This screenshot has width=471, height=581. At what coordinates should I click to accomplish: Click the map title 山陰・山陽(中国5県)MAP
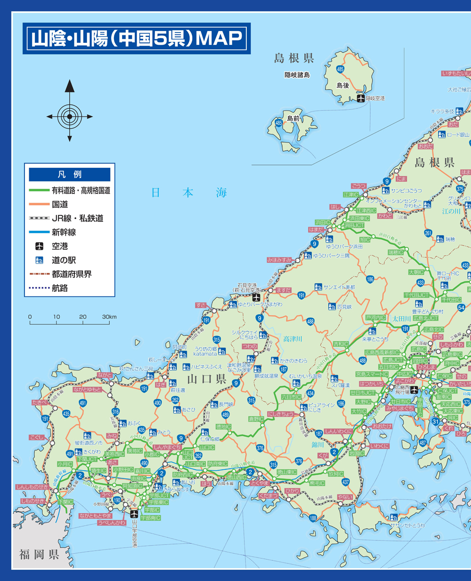tap(137, 39)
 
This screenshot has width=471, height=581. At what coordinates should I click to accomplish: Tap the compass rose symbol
tap(70, 116)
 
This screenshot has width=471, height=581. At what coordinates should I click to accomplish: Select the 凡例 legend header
tap(70, 174)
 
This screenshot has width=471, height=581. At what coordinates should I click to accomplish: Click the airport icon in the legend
tap(40, 246)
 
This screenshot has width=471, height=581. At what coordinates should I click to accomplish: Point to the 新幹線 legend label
tap(64, 232)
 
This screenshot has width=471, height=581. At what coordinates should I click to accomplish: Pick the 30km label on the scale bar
tap(109, 317)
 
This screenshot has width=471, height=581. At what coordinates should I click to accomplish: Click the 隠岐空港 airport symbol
tap(360, 98)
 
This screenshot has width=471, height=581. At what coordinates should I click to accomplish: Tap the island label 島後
tap(342, 85)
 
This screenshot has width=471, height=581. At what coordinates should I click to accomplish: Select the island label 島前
tap(293, 118)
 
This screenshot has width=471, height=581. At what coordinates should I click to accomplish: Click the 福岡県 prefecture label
tap(39, 554)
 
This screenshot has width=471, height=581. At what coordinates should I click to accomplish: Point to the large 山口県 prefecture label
tap(207, 379)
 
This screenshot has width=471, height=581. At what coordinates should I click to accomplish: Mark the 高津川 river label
tap(292, 339)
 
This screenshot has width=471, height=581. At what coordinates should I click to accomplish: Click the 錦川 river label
tap(318, 444)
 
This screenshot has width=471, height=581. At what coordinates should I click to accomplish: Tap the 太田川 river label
tap(401, 319)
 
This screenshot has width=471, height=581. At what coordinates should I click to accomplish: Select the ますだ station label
tap(283, 290)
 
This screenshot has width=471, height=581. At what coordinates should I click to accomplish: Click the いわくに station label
tap(379, 446)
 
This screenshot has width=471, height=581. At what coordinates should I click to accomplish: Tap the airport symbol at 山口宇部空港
tap(134, 514)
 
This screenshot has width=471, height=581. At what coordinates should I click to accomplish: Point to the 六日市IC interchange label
tap(291, 397)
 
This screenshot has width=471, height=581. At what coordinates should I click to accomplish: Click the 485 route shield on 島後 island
tap(340, 69)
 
